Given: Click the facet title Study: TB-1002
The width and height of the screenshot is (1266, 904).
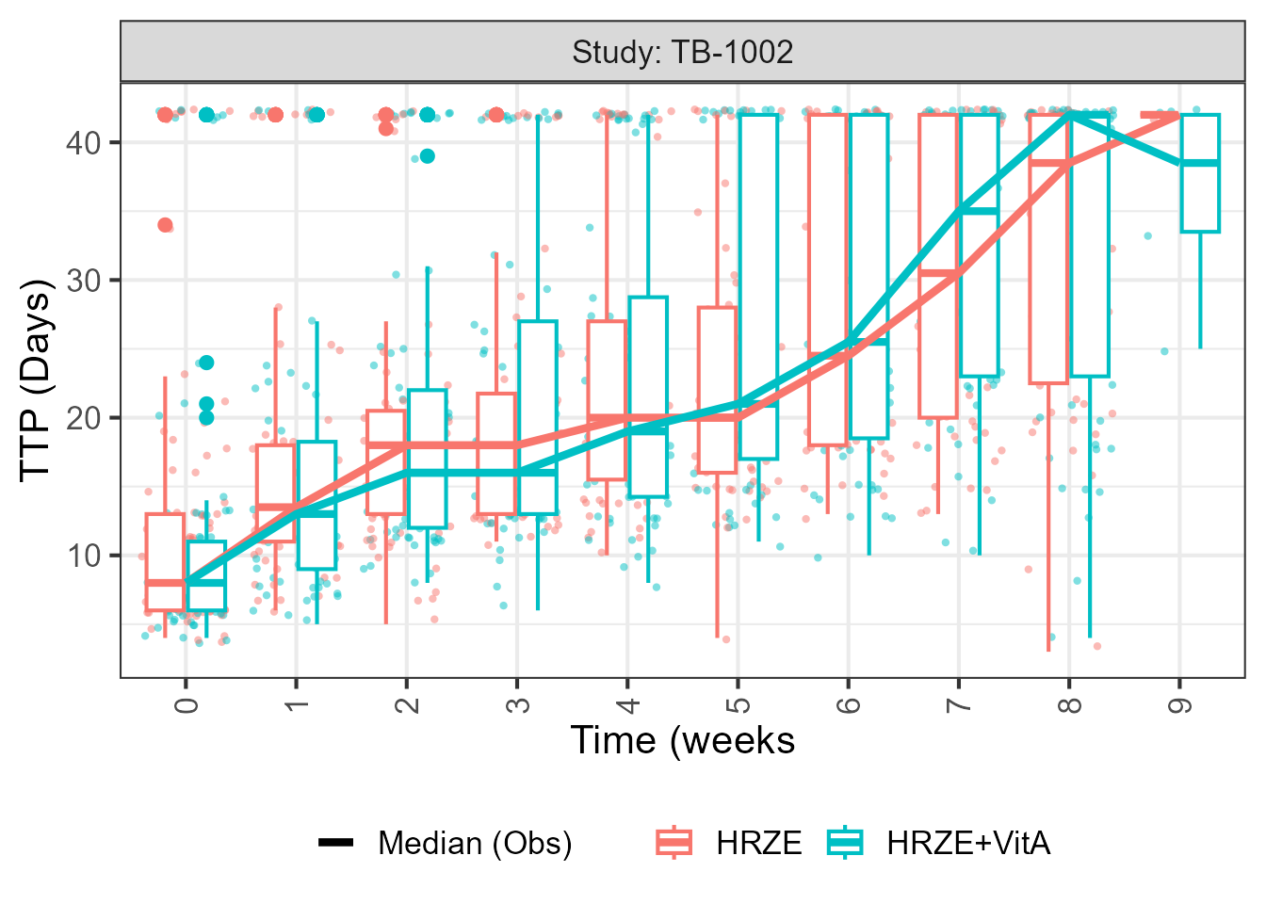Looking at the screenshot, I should point(683,52).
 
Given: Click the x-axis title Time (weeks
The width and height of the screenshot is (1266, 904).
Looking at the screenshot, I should point(683,741).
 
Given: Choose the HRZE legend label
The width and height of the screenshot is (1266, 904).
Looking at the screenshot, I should point(758,843).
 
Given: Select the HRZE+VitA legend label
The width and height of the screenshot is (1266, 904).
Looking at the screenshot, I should point(967,843).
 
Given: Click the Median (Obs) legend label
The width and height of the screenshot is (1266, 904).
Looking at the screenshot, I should point(475,843).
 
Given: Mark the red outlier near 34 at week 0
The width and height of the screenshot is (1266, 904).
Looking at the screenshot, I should point(166,225).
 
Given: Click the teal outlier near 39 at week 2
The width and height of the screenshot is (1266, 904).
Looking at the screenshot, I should point(428,156).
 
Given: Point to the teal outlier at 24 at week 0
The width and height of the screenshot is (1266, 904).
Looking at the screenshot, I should point(206,363).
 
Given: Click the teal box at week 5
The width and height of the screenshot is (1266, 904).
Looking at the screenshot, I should point(758,282).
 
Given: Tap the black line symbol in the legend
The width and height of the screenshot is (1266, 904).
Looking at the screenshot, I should point(336,843).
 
